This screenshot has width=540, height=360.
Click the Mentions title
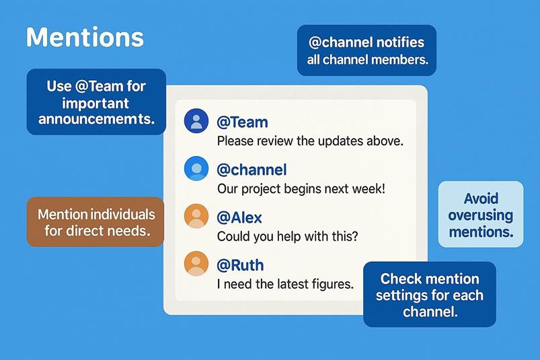pos(85,37)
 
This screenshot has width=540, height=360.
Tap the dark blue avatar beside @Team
pos(196,121)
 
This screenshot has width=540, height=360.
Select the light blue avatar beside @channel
pos(196,168)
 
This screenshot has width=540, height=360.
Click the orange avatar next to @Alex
pos(196,216)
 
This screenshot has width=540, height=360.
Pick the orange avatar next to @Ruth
pos(196,264)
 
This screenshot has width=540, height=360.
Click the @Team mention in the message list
pos(243,122)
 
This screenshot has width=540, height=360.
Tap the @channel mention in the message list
pos(252,170)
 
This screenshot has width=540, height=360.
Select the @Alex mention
pos(239,218)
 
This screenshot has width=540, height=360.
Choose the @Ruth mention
pos(240,265)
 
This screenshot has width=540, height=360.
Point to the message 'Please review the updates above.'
pos(310,141)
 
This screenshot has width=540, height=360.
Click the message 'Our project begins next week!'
pos(301,189)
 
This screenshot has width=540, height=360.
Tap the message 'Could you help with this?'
pos(288,236)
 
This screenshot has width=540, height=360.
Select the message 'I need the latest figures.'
pos(286,284)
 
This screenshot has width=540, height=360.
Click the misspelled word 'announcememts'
pos(96,119)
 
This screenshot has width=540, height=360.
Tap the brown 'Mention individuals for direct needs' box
pos(95,222)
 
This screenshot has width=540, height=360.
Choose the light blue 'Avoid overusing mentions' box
pos(481,214)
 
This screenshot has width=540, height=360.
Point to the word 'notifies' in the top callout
pos(400,42)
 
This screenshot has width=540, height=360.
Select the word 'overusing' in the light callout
pos(481,215)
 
